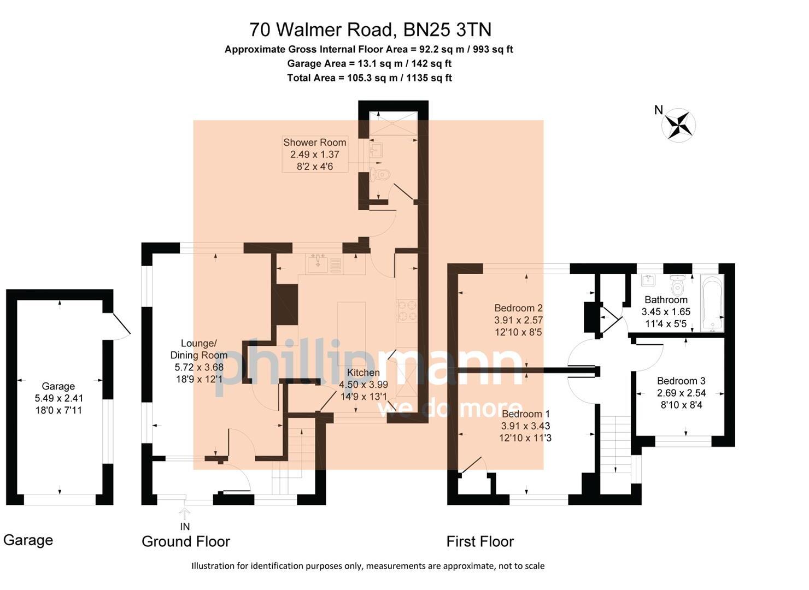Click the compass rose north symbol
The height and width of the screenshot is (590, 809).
point(678,125)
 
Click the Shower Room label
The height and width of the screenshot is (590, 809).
point(314,143)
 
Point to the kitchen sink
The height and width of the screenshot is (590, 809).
point(317,263)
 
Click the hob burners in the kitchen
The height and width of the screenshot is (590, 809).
point(406,310)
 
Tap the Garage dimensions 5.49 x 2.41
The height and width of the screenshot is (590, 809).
point(58,398)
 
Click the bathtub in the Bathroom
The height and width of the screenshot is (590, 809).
point(712,303)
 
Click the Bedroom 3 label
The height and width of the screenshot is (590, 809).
point(681,381)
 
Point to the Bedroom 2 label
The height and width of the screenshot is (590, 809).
point(518,308)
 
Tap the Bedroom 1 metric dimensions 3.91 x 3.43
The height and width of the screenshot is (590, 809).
point(525,426)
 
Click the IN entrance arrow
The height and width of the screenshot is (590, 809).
point(185,515)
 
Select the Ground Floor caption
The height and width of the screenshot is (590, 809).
point(186,541)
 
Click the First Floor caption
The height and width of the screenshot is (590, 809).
point(480,541)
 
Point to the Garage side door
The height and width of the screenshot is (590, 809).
point(120,326)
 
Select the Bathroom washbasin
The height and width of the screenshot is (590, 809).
point(649,280)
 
